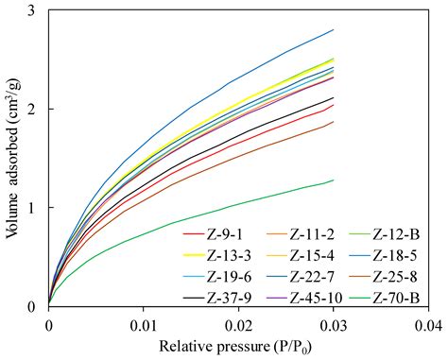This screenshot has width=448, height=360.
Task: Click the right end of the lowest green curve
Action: (334, 180)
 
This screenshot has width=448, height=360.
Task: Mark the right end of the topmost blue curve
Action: (334, 29)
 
